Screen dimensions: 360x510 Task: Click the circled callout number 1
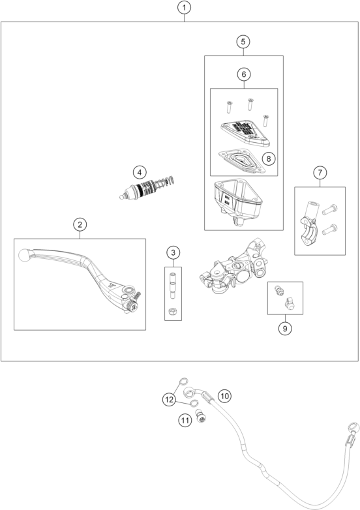click(x=184, y=7)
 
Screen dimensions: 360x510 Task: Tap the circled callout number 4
click(x=140, y=172)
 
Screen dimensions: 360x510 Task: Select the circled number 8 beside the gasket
click(x=268, y=158)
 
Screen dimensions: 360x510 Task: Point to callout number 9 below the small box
click(x=285, y=329)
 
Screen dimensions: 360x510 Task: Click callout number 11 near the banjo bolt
click(x=185, y=421)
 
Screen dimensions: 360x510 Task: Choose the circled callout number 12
click(x=169, y=399)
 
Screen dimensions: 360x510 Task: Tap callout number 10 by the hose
click(x=224, y=396)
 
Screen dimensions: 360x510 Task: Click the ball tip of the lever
click(x=24, y=254)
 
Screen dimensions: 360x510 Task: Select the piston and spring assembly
click(x=147, y=188)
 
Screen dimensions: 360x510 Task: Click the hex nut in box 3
click(x=173, y=311)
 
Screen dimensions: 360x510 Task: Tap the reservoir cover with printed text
click(x=245, y=132)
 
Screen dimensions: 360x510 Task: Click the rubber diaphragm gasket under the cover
click(x=239, y=161)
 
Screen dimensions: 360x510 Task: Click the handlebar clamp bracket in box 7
click(x=310, y=224)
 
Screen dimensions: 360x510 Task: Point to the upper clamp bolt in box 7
click(x=329, y=209)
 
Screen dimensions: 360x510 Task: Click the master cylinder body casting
click(x=234, y=267)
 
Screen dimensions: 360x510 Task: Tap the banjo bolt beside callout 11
click(x=202, y=416)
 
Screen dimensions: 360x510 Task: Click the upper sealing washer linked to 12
click(x=184, y=381)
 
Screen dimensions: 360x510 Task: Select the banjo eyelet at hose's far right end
click(x=354, y=427)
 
